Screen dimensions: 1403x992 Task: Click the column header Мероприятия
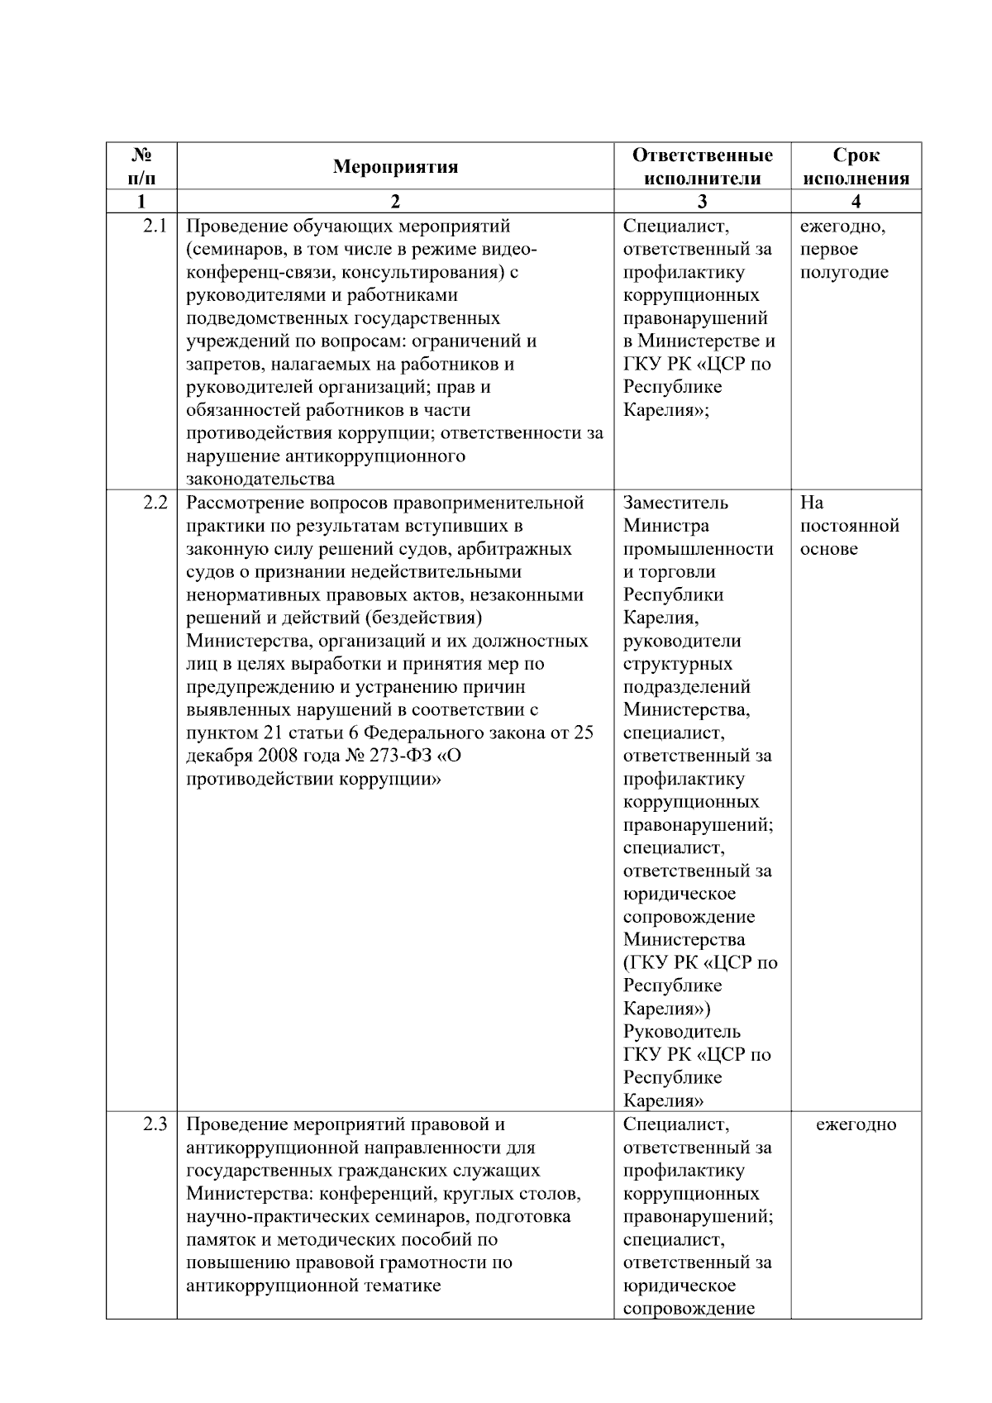[x=395, y=167]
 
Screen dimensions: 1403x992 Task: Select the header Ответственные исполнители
[x=702, y=167]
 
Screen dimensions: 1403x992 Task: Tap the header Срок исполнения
[x=856, y=167]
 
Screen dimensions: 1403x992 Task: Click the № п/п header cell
[x=141, y=167]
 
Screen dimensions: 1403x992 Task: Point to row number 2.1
[x=154, y=227]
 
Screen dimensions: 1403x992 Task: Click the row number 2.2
[x=154, y=503]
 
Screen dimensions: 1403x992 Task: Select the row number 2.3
[x=154, y=1124]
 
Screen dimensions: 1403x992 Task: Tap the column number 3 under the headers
[x=702, y=202]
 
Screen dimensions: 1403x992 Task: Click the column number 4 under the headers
[x=856, y=202]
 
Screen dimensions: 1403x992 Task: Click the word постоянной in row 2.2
[x=849, y=526]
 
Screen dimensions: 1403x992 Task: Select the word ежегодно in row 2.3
[x=856, y=1124]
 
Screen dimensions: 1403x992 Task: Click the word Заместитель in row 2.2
[x=675, y=503]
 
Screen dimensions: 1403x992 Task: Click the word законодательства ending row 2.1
[x=260, y=480]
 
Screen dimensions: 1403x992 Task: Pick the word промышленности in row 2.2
[x=698, y=549]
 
